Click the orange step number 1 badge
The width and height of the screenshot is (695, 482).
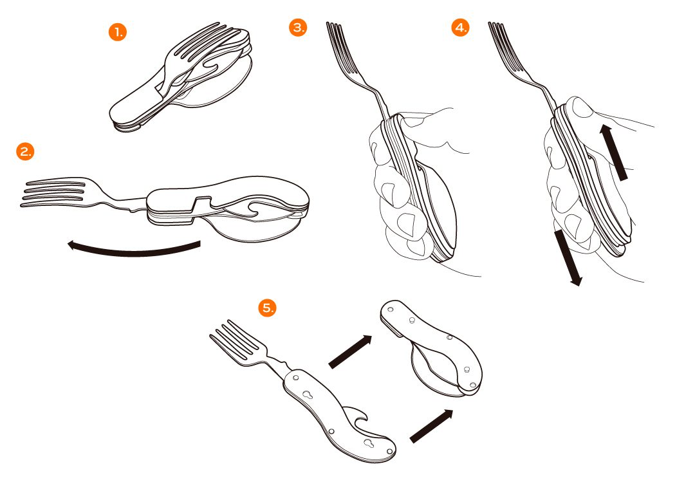pyautogui.click(x=118, y=32)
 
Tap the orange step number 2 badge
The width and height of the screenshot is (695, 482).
pyautogui.click(x=25, y=151)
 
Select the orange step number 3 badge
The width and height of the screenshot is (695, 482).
pyautogui.click(x=298, y=28)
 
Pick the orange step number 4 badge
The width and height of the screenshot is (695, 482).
pyautogui.click(x=460, y=28)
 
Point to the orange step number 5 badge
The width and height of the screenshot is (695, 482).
pyautogui.click(x=267, y=308)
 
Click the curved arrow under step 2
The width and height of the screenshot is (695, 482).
pyautogui.click(x=133, y=253)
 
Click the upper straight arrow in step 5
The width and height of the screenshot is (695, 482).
pyautogui.click(x=350, y=351)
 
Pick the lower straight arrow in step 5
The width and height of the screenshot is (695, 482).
pyautogui.click(x=432, y=426)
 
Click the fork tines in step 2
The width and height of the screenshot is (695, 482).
pyautogui.click(x=53, y=192)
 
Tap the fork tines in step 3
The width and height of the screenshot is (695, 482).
pyautogui.click(x=341, y=48)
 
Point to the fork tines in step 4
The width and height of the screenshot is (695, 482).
pyautogui.click(x=503, y=48)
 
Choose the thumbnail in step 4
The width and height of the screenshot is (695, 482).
pyautogui.click(x=582, y=107)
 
